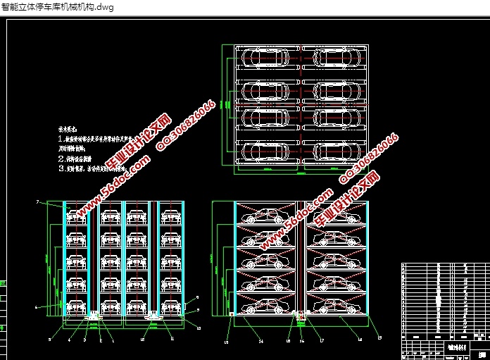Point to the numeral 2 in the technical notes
tap(61, 159)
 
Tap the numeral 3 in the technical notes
tap(61, 170)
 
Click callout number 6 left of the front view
tap(36, 307)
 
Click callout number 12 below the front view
tap(142, 340)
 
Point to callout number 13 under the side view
tap(227, 341)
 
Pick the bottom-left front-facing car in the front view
tap(76, 306)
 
